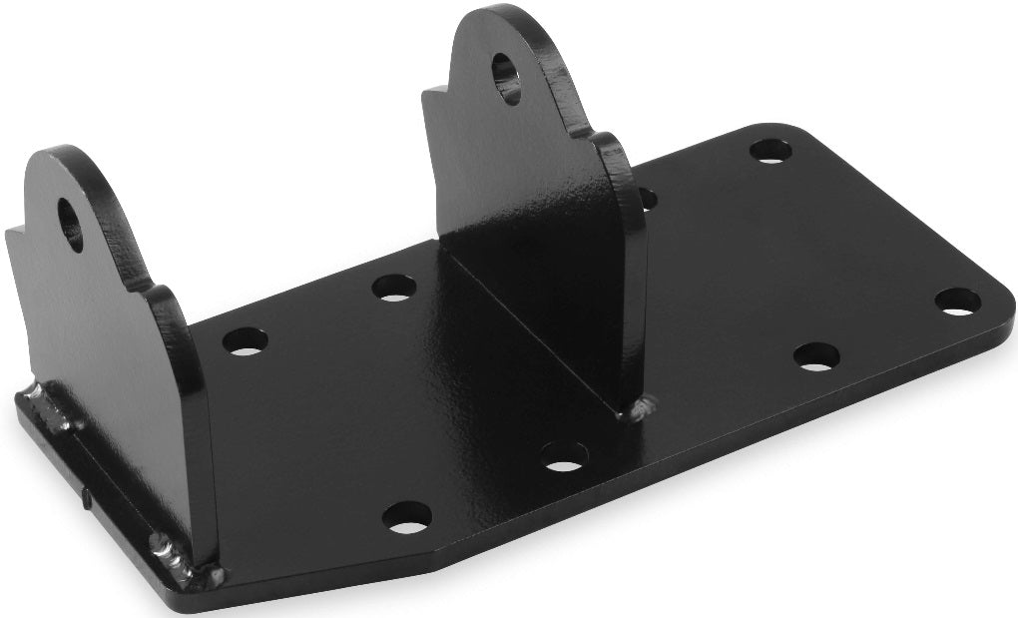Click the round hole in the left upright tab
(71, 224)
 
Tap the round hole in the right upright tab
(507, 77)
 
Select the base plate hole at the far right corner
(957, 301)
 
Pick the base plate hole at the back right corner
(769, 151)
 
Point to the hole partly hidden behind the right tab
(648, 198)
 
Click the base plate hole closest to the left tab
(245, 341)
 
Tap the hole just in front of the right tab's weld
(564, 455)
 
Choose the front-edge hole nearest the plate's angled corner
(406, 516)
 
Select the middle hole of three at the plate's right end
(816, 356)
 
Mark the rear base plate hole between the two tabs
(394, 288)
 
